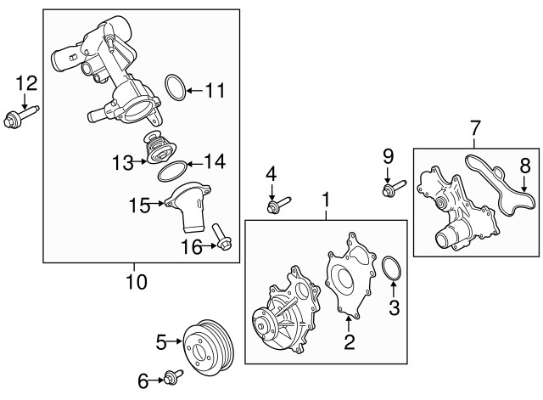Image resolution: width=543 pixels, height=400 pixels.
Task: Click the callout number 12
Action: click(x=26, y=82)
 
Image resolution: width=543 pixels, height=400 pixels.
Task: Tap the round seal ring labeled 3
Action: click(x=390, y=269)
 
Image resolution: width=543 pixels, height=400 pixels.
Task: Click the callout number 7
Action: click(x=473, y=129)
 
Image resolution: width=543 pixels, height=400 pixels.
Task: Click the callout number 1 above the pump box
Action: click(x=324, y=200)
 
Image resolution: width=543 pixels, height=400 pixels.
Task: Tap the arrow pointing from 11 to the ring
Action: click(x=194, y=87)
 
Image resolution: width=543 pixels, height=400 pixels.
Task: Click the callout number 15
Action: click(x=139, y=204)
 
